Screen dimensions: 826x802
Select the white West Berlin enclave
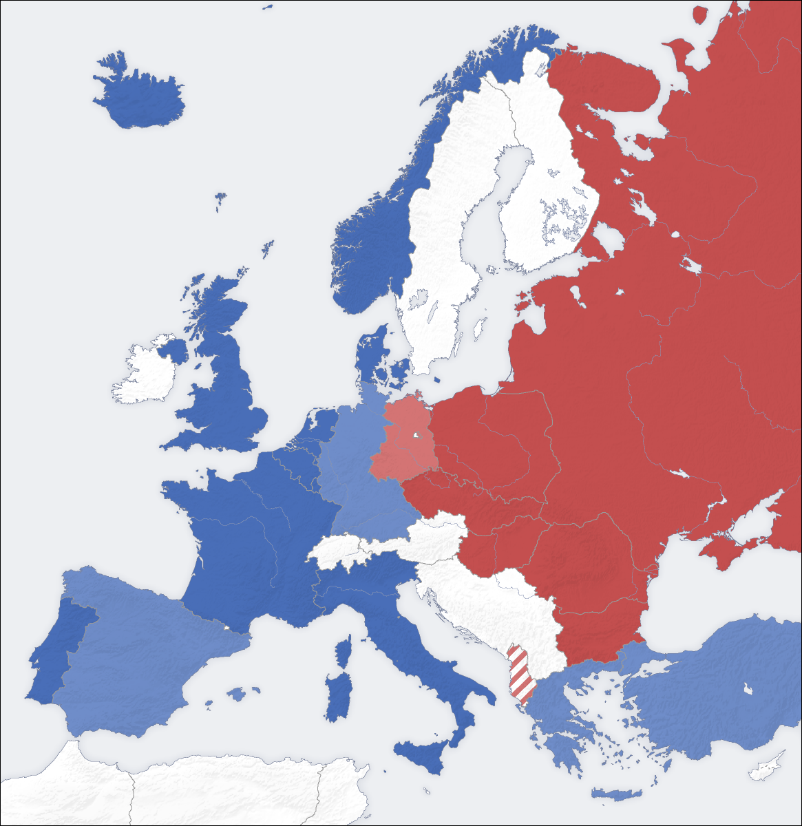pyautogui.click(x=416, y=436)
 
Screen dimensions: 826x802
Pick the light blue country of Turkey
pyautogui.click(x=709, y=688)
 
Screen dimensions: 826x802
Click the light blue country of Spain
pyautogui.click(x=138, y=654)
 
